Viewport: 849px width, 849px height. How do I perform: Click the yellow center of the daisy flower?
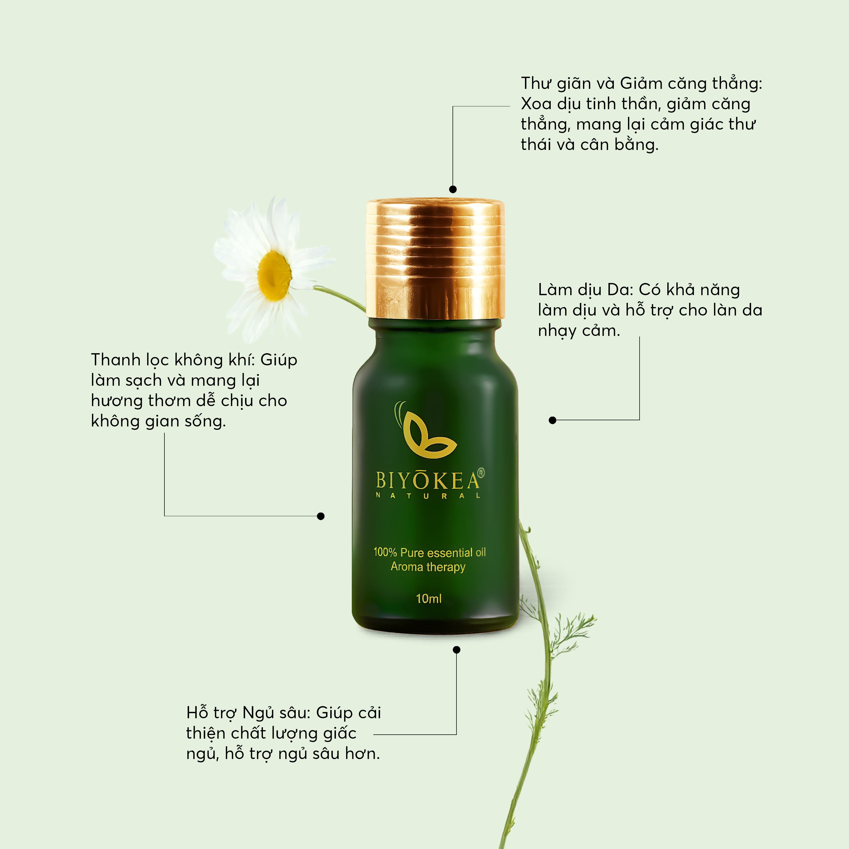tap(274, 276)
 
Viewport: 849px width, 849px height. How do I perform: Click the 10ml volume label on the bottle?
tap(428, 599)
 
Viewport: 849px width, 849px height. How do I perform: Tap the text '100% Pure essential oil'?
tap(429, 552)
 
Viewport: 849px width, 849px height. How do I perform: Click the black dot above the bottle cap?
tap(453, 189)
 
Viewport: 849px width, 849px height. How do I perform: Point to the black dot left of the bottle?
tap(321, 516)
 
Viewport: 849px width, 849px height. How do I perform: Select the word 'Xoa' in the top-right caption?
tap(536, 104)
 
